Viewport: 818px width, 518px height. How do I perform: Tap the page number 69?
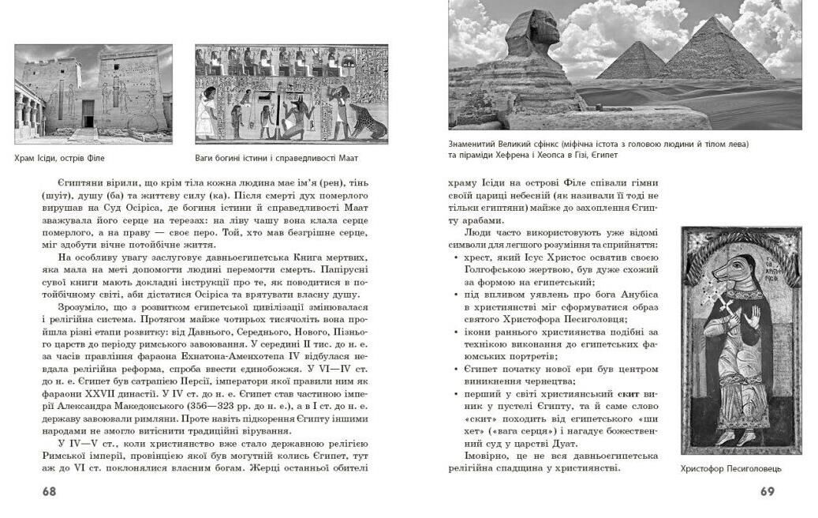(767, 491)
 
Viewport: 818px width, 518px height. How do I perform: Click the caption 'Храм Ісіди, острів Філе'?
(60, 158)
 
